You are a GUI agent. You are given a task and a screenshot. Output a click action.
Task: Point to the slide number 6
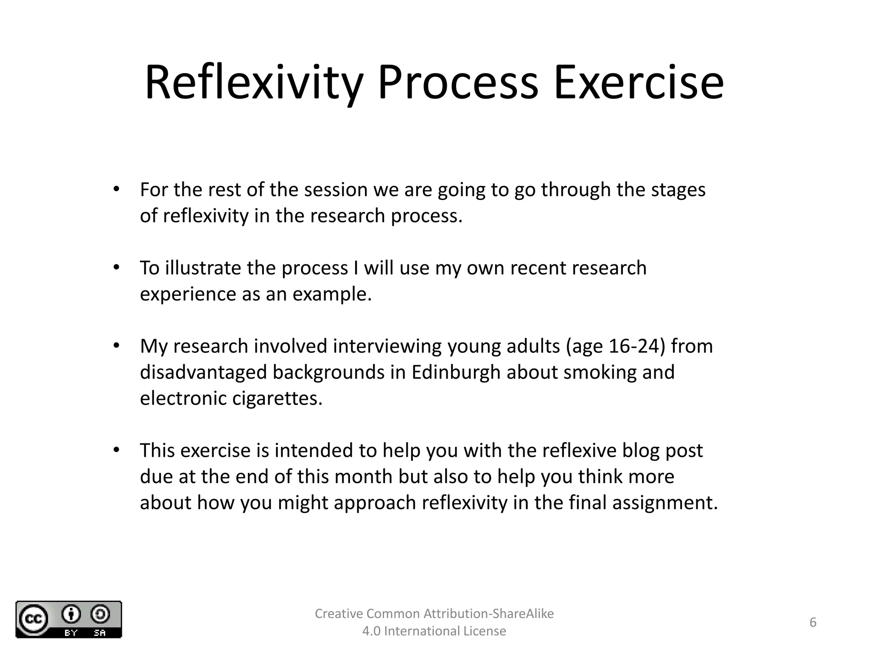pyautogui.click(x=813, y=622)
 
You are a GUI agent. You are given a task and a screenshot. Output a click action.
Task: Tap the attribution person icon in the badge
pyautogui.click(x=71, y=614)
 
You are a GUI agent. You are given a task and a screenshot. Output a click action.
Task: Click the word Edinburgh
pyautogui.click(x=456, y=372)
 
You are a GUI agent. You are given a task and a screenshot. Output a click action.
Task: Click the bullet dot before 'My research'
pyautogui.click(x=117, y=346)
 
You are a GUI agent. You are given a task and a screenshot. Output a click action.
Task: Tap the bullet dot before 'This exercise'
pyautogui.click(x=117, y=450)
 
